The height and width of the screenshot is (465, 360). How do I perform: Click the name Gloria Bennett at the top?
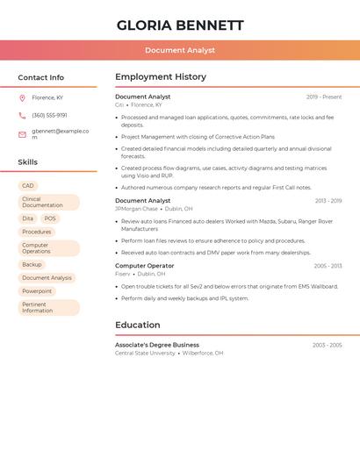pyautogui.click(x=180, y=25)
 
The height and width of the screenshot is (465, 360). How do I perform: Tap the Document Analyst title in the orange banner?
pyautogui.click(x=180, y=50)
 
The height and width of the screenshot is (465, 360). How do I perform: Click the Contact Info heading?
pyautogui.click(x=40, y=77)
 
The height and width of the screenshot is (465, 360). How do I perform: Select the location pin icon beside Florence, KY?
pyautogui.click(x=22, y=98)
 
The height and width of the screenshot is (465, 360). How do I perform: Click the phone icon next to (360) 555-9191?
pyautogui.click(x=22, y=116)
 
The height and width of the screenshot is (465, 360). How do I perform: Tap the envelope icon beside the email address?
pyautogui.click(x=22, y=134)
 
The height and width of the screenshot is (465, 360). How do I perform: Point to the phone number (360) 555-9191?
pyautogui.click(x=49, y=116)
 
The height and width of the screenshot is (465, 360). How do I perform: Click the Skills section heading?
pyautogui.click(x=27, y=162)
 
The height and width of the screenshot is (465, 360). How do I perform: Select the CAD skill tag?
pyautogui.click(x=28, y=186)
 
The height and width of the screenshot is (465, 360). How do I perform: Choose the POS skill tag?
pyautogui.click(x=50, y=218)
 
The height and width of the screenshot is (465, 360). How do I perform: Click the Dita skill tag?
pyautogui.click(x=28, y=218)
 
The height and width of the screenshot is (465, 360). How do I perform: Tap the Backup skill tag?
pyautogui.click(x=32, y=264)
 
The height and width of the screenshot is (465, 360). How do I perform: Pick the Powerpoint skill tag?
pyautogui.click(x=37, y=291)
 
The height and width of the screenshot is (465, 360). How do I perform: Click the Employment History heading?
pyautogui.click(x=161, y=77)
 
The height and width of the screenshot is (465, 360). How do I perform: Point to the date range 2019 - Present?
pyautogui.click(x=324, y=97)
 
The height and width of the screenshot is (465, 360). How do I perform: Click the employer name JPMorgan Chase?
pyautogui.click(x=136, y=209)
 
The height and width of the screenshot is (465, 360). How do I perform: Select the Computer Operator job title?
pyautogui.click(x=144, y=265)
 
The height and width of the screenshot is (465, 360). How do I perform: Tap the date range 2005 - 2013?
pyautogui.click(x=328, y=266)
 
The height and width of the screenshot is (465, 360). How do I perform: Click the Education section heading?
pyautogui.click(x=138, y=325)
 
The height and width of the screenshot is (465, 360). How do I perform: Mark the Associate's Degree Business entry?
pyautogui.click(x=157, y=345)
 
